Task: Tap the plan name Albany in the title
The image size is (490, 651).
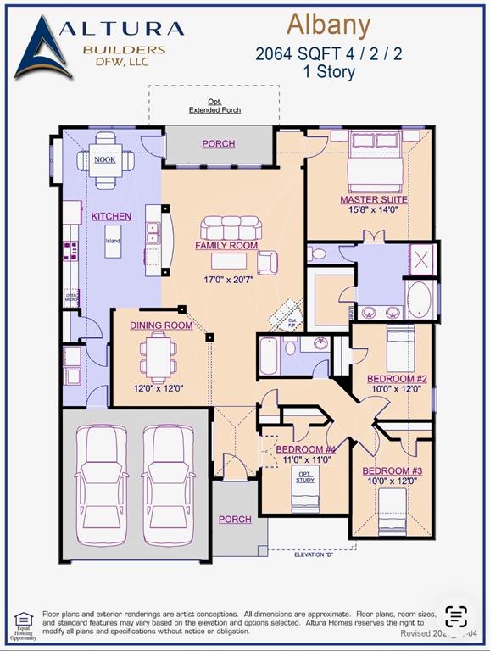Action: [328, 25]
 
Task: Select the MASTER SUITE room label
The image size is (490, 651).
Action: [374, 200]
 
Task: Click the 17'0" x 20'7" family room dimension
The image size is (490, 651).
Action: [226, 280]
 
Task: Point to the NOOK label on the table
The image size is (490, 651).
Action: [104, 159]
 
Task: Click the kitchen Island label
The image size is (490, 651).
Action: [113, 240]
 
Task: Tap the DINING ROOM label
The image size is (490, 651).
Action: [161, 325]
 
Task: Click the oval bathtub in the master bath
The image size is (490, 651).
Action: [419, 299]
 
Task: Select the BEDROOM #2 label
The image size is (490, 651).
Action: [397, 379]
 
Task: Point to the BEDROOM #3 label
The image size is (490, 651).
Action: [392, 470]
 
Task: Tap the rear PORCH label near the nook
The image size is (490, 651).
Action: [218, 144]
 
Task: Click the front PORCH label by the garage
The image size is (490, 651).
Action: [235, 520]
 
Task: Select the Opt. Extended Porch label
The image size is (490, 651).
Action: [214, 107]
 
